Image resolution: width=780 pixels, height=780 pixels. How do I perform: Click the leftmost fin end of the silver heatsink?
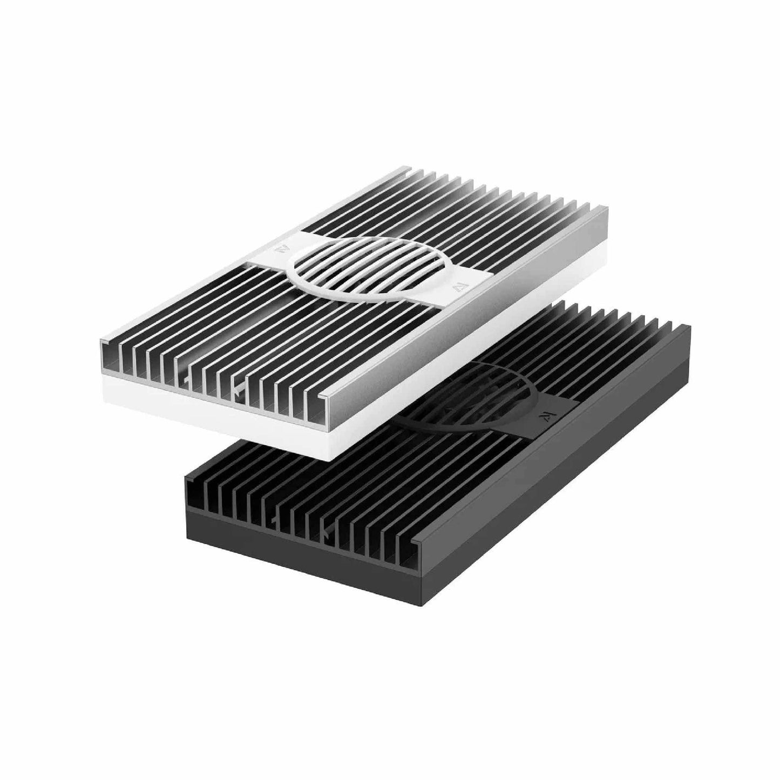tap(107, 354)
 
